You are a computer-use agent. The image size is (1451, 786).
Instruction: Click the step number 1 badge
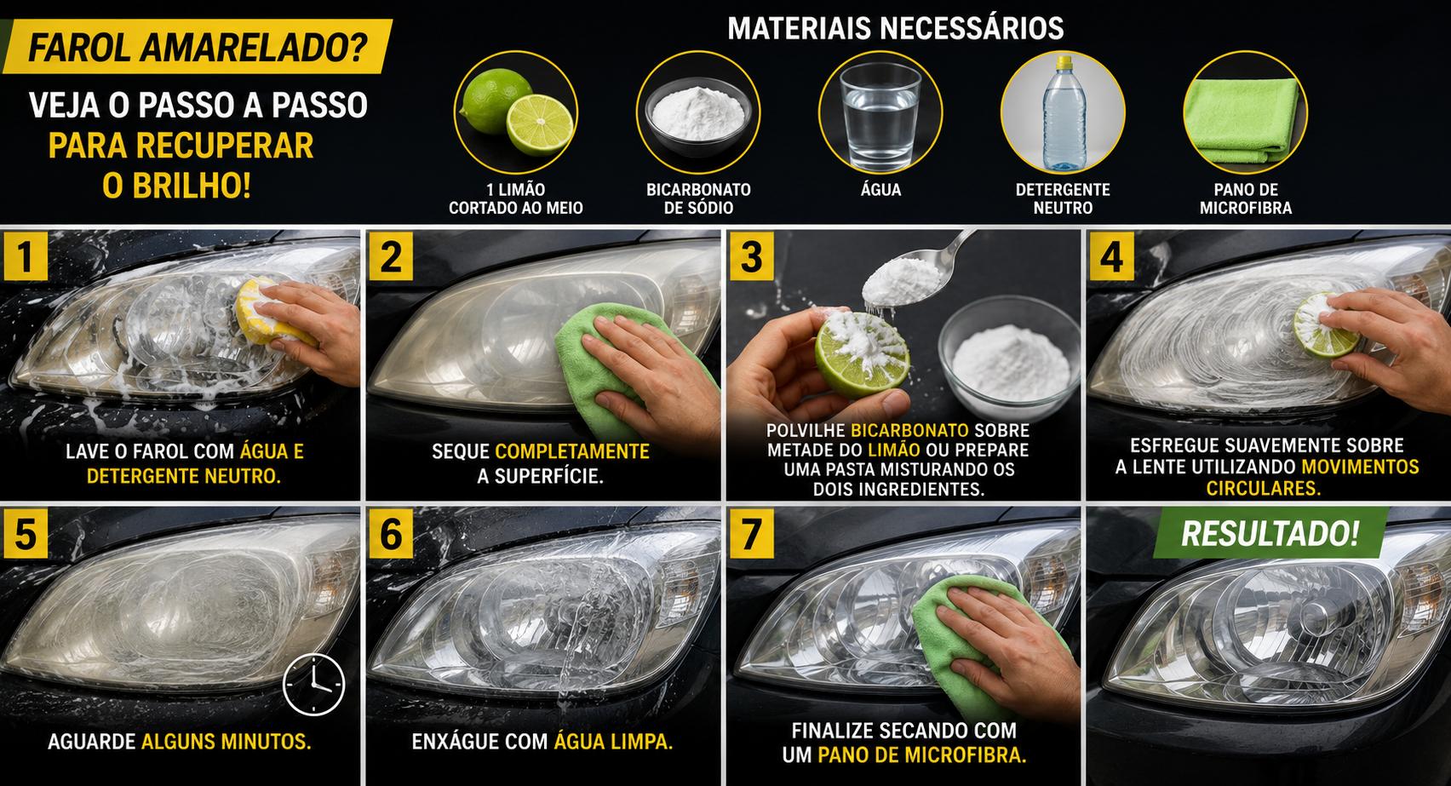(x=26, y=256)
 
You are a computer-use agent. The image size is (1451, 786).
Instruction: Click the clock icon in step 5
(x=313, y=685)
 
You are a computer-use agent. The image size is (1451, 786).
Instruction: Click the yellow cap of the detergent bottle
(x=1064, y=64)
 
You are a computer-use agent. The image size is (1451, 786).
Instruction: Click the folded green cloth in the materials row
(x=1242, y=121)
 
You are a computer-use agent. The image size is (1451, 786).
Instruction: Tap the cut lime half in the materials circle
(x=540, y=124)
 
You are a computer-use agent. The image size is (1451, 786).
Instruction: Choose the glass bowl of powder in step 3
(x=1008, y=358)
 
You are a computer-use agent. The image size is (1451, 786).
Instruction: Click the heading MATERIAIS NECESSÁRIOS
(x=896, y=28)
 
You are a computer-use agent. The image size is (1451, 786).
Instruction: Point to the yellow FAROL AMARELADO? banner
(x=198, y=47)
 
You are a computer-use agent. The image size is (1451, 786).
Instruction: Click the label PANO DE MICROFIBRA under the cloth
(x=1246, y=198)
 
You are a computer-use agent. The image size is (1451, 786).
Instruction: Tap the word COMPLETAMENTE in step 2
(x=572, y=451)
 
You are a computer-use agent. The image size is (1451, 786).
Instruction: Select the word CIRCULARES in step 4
(x=1263, y=488)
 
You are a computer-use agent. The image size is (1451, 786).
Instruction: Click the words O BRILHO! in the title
(x=177, y=186)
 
